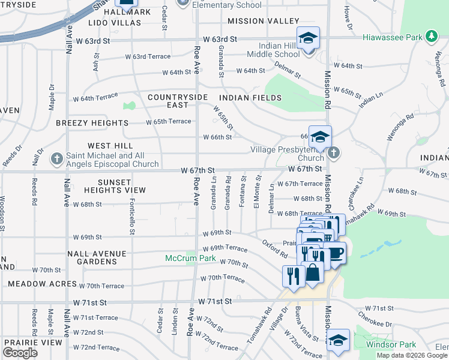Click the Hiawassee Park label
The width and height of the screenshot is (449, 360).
click(392, 37)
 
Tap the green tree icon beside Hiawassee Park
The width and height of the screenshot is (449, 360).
click(430, 37)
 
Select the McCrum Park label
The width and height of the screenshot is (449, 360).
click(190, 259)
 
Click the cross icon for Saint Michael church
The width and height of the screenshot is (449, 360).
click(56, 159)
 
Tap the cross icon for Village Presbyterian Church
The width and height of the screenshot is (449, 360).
click(334, 154)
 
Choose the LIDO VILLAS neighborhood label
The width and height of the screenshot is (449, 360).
click(114, 23)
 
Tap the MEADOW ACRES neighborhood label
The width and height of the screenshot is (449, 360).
click(42, 284)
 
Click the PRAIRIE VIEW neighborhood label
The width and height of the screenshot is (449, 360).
click(32, 342)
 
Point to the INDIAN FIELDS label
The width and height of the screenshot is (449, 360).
click(250, 97)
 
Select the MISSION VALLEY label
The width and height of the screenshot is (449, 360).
click(263, 20)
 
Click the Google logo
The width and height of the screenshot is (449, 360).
click(20, 353)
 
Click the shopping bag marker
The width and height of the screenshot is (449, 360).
click(313, 274)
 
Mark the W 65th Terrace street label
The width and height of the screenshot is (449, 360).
click(169, 121)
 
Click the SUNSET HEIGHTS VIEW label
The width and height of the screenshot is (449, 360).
click(115, 186)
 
